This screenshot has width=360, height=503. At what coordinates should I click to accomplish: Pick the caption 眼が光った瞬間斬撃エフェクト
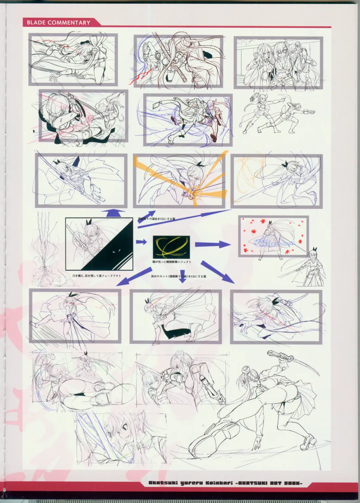pos(172,262)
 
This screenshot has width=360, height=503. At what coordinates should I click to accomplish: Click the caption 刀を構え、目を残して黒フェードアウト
pos(96,276)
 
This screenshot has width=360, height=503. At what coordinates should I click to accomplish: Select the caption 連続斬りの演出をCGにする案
pos(156,219)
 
